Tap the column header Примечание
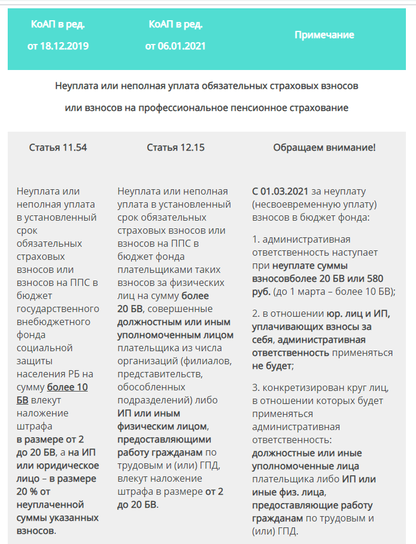point(324,35)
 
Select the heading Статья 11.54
point(58,148)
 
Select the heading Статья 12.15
point(176,148)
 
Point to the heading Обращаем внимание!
point(324,148)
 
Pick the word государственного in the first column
point(58,309)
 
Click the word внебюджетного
point(53,322)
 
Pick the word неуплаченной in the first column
point(50,504)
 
